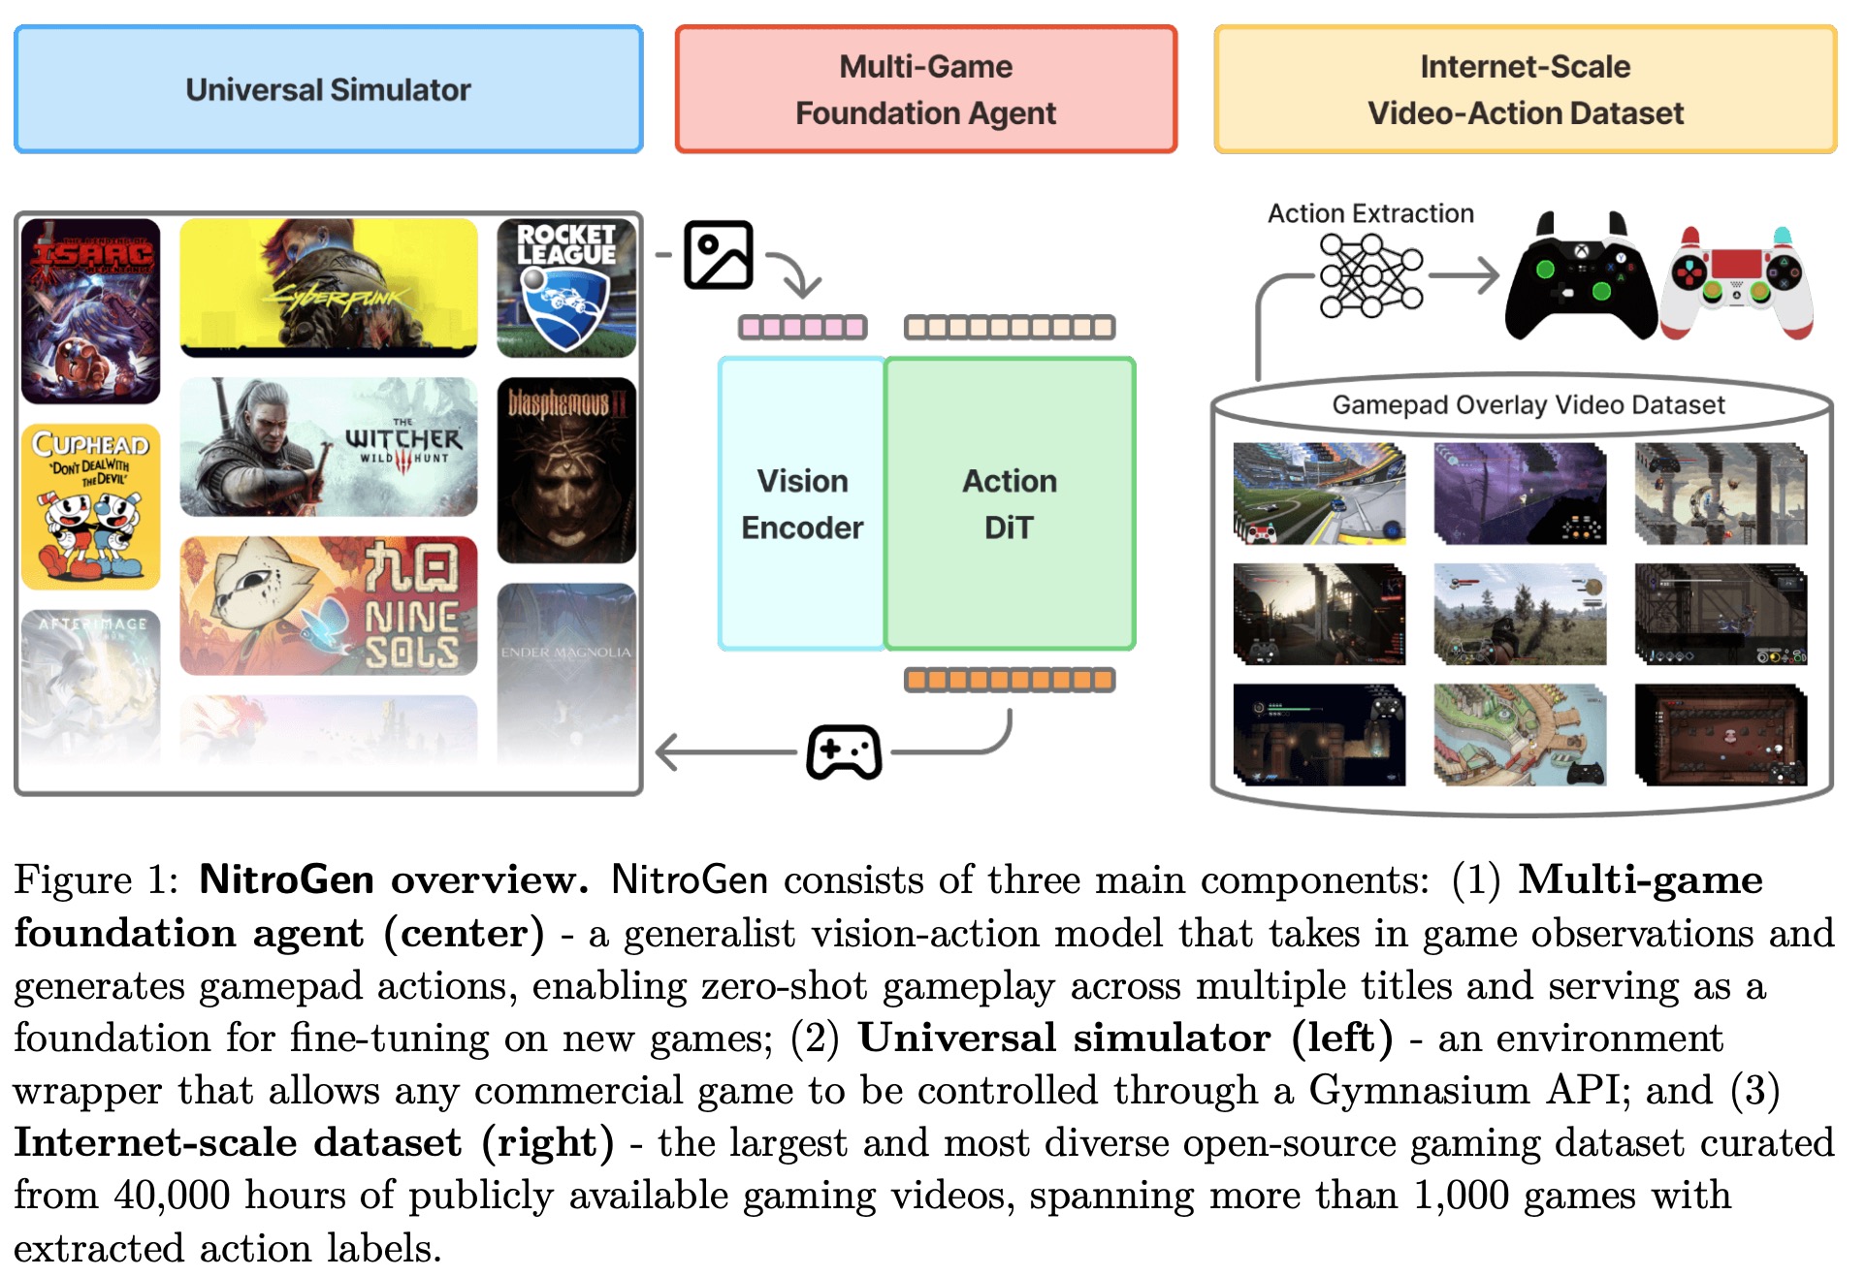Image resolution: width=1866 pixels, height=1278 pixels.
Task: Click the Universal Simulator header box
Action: (x=328, y=89)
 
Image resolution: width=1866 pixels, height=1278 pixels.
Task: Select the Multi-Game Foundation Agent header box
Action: (x=925, y=89)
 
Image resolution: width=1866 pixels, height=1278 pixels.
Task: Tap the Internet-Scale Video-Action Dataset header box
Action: (x=1525, y=89)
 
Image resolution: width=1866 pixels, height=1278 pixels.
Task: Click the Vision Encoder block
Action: (x=801, y=504)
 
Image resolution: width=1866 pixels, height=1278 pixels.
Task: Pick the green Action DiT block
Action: (x=1009, y=504)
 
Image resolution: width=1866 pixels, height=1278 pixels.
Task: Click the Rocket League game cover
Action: (x=566, y=287)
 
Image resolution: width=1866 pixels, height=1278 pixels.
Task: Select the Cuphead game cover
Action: (x=90, y=506)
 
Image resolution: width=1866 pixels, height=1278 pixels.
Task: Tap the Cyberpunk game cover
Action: (x=329, y=287)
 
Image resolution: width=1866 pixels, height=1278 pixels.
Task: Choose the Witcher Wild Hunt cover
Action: (x=329, y=447)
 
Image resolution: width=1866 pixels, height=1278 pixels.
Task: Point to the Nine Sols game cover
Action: (x=329, y=606)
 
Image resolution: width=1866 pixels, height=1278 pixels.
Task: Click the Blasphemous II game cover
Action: (x=566, y=470)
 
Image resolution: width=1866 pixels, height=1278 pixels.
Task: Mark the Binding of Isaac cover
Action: (x=90, y=310)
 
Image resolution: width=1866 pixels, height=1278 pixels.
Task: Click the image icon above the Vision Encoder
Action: (x=718, y=255)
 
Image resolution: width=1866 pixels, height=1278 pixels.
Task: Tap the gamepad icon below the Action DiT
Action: (x=844, y=751)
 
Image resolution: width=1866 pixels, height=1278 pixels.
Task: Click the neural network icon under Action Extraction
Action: (x=1370, y=275)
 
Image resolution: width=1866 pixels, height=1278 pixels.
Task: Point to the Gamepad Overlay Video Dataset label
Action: (x=1528, y=404)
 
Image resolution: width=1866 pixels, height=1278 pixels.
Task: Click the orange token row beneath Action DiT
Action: (x=1009, y=680)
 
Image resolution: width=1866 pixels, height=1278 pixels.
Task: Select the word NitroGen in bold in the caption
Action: (x=286, y=879)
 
